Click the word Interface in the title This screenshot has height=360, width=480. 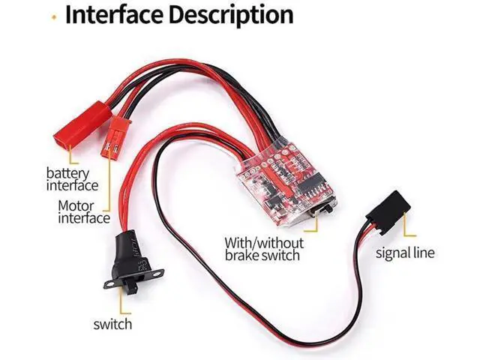(x=114, y=14)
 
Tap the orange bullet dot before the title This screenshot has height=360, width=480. (x=54, y=17)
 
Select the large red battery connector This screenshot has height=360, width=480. (x=82, y=123)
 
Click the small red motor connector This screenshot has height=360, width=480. (x=115, y=136)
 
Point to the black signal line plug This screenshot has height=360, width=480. (x=388, y=212)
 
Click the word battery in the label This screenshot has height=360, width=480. (x=67, y=173)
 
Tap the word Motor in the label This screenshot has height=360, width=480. (x=76, y=206)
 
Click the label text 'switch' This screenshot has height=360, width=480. (x=112, y=324)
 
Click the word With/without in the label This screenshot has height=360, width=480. (x=264, y=243)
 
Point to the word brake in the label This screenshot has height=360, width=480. (x=241, y=255)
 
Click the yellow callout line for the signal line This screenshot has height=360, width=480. (x=405, y=226)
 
